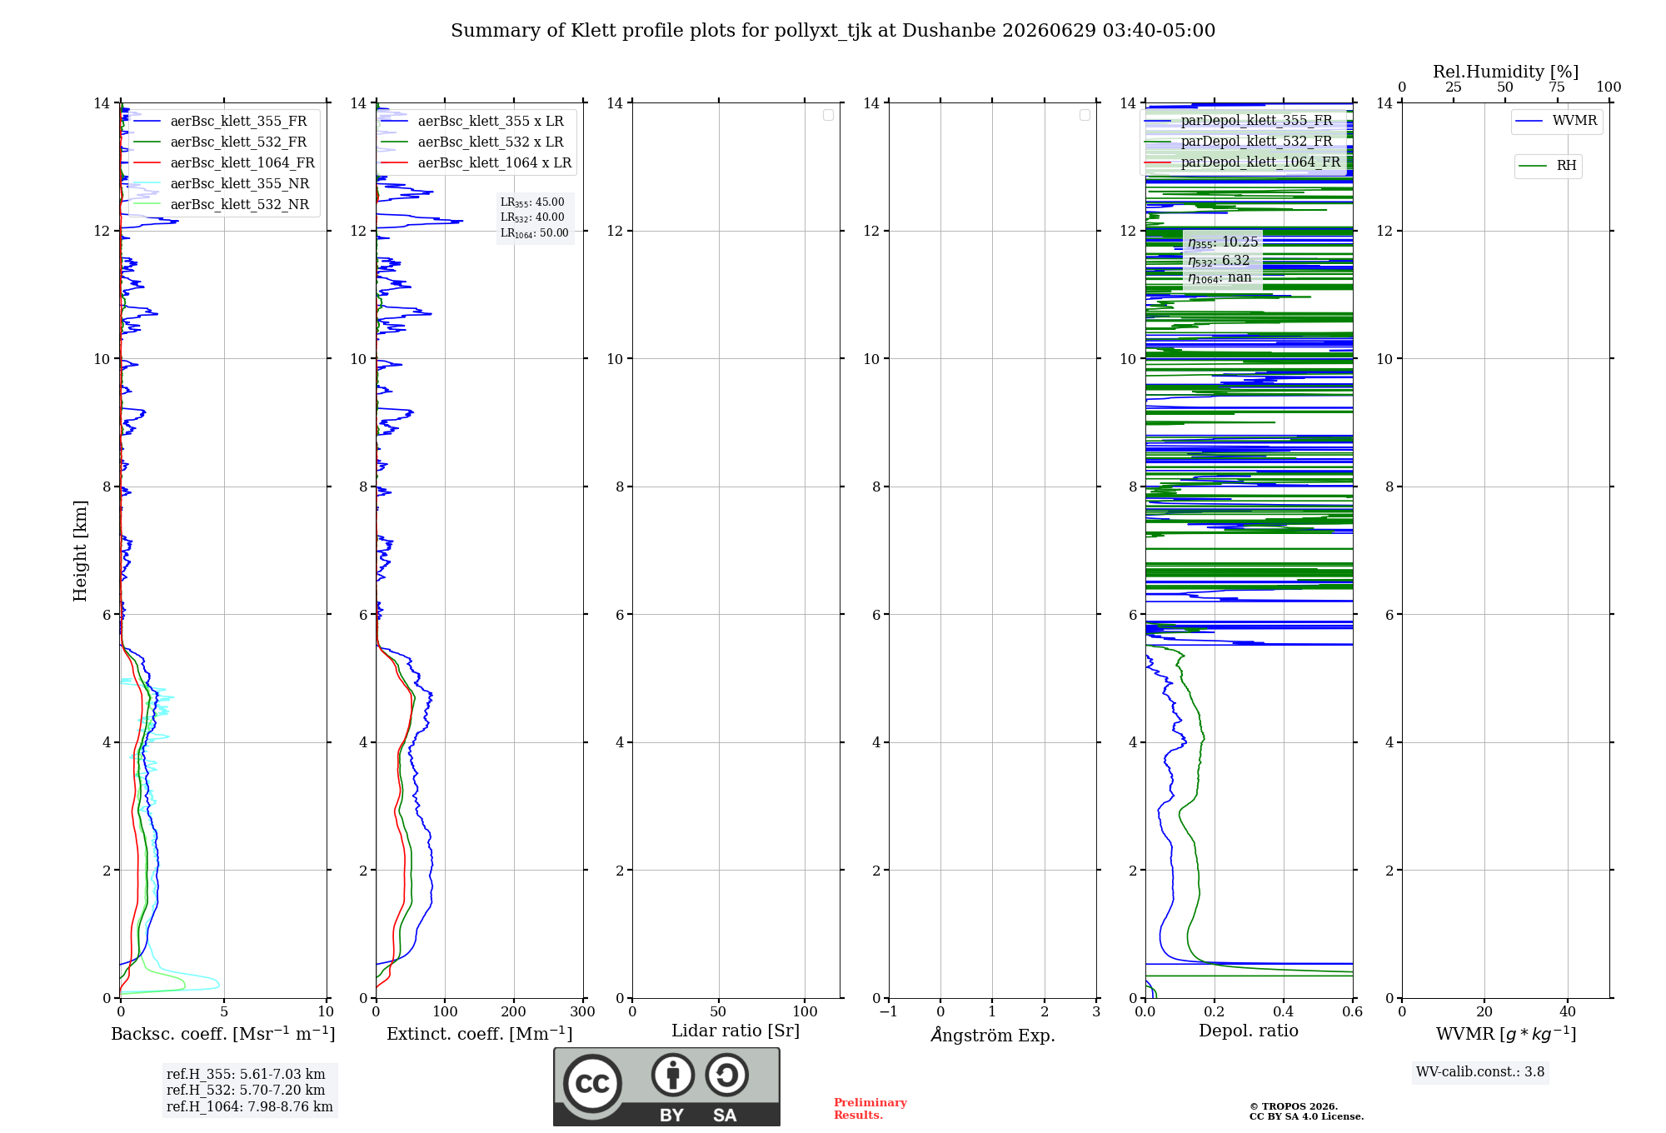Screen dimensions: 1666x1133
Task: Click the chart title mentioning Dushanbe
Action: coord(833,31)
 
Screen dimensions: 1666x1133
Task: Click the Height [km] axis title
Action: coord(80,551)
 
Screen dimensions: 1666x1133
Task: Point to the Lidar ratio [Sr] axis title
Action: coord(736,1031)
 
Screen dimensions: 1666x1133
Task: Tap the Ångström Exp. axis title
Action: coord(993,1035)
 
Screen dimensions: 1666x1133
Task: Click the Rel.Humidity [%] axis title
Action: coord(1505,72)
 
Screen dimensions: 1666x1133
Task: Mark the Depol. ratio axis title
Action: coord(1249,1031)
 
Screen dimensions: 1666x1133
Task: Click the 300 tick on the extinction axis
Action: coord(583,1011)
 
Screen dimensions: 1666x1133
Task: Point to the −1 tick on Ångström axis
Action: coord(889,1011)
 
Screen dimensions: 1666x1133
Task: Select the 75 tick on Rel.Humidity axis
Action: coord(1557,87)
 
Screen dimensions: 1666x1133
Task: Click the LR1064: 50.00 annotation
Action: coord(534,233)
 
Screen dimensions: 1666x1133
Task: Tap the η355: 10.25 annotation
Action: coord(1223,242)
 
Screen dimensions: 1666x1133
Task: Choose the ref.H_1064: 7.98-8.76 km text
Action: coord(250,1106)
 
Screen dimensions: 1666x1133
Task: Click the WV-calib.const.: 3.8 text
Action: coord(1480,1072)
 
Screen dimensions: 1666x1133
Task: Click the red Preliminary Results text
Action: coord(870,1109)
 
